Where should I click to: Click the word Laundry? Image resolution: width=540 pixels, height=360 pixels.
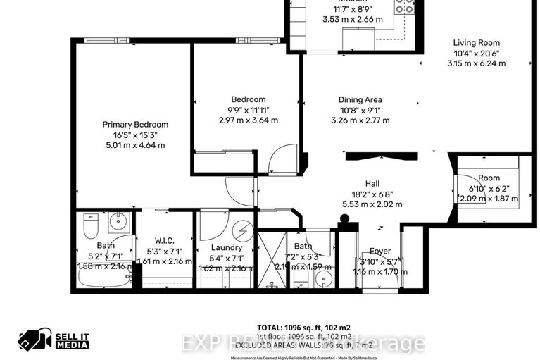(227, 247)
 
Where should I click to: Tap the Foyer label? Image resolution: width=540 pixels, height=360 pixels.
(379, 252)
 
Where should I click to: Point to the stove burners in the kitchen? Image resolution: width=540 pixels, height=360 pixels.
(405, 7)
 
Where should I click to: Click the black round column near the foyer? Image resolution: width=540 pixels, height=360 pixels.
(344, 227)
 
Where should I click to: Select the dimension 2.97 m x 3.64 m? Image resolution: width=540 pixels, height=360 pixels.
(249, 120)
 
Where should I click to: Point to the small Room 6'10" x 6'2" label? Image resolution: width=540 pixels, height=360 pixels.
(488, 178)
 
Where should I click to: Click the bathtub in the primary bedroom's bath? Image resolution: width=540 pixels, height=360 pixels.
(102, 279)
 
